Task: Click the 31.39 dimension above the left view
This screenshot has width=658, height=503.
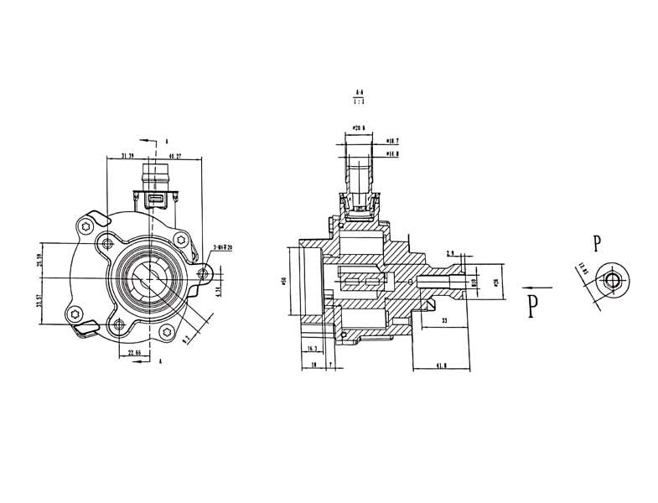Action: tap(128, 156)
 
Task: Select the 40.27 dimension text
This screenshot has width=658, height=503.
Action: tap(176, 156)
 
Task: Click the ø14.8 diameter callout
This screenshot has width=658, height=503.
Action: tap(391, 153)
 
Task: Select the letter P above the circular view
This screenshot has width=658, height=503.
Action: tap(596, 244)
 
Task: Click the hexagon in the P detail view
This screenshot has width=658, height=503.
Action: tap(614, 280)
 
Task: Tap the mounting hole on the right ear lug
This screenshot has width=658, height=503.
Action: tap(201, 273)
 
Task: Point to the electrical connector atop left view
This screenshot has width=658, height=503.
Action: tap(156, 189)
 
